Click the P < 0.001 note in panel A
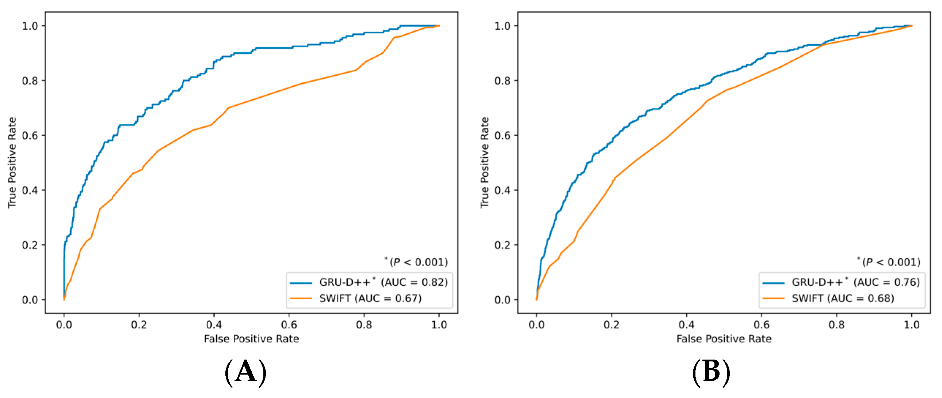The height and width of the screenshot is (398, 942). pyautogui.click(x=416, y=262)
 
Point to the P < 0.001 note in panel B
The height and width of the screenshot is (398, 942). pyautogui.click(x=889, y=262)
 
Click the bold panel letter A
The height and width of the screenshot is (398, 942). pyautogui.click(x=245, y=372)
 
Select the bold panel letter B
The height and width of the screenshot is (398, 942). pyautogui.click(x=711, y=372)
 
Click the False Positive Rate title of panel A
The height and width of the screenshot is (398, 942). pyautogui.click(x=252, y=339)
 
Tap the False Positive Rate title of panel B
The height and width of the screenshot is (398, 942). pyautogui.click(x=724, y=339)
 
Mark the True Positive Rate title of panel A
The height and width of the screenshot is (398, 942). pyautogui.click(x=12, y=162)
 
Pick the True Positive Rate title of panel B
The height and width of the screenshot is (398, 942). pyautogui.click(x=485, y=162)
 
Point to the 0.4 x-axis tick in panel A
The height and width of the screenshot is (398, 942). pyautogui.click(x=214, y=325)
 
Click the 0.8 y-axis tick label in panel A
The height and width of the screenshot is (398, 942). pyautogui.click(x=30, y=80)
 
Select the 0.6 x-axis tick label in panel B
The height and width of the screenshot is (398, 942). pyautogui.click(x=761, y=325)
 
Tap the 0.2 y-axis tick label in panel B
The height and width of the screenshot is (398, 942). pyautogui.click(x=503, y=245)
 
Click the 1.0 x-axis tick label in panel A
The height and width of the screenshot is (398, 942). pyautogui.click(x=439, y=325)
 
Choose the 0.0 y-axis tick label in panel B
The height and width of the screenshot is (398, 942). pyautogui.click(x=503, y=300)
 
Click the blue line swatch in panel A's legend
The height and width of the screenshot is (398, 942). pyautogui.click(x=301, y=283)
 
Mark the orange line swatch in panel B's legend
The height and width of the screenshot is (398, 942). pyautogui.click(x=773, y=299)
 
